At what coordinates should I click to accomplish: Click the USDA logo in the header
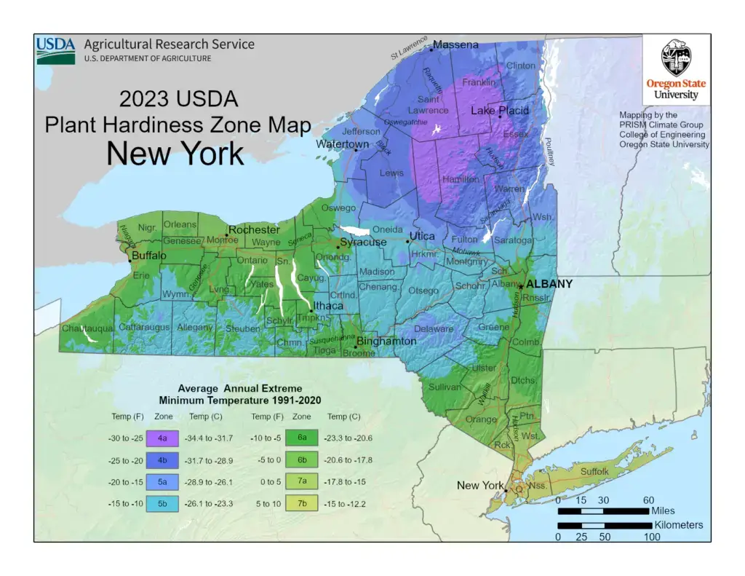(x=56, y=50)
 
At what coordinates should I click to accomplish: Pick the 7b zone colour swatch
(x=301, y=503)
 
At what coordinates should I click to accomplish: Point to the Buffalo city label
(x=150, y=256)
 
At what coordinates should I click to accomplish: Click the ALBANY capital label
(x=549, y=284)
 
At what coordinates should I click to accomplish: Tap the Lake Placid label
(x=500, y=111)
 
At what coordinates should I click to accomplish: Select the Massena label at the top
(x=455, y=45)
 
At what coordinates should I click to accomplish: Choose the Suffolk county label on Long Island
(x=594, y=472)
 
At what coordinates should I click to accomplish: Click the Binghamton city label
(x=386, y=342)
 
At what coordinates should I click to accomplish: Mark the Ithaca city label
(x=327, y=306)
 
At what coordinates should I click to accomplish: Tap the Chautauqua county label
(x=87, y=329)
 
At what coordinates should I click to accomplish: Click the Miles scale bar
(x=604, y=511)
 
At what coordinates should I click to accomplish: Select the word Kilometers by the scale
(x=679, y=525)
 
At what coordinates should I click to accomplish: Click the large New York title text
(x=175, y=154)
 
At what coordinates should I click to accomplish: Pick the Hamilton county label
(x=460, y=179)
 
